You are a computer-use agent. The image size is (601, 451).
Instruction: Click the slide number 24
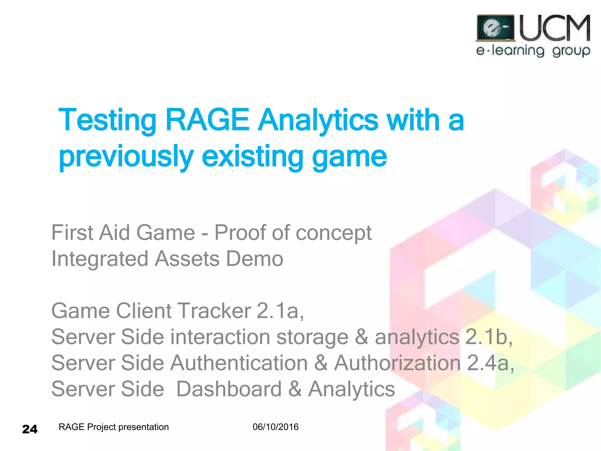[30, 429]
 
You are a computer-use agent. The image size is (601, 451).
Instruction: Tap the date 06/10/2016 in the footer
[276, 427]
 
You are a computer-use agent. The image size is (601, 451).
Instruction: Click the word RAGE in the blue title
[207, 120]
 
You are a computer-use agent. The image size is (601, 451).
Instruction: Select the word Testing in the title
[107, 120]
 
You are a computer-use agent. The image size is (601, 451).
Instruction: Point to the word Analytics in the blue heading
[318, 120]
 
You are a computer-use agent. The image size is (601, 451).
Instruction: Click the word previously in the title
[126, 157]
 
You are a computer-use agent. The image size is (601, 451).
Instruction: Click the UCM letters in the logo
[555, 28]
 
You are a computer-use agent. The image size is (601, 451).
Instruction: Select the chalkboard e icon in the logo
[495, 28]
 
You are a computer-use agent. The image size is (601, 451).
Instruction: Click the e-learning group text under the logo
[533, 51]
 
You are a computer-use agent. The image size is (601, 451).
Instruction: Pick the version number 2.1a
[280, 311]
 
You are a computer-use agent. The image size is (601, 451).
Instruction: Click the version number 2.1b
[489, 337]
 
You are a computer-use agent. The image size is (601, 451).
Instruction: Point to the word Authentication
[239, 363]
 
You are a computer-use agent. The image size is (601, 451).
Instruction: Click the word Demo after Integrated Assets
[254, 259]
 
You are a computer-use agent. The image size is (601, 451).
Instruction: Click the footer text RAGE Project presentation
[114, 427]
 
